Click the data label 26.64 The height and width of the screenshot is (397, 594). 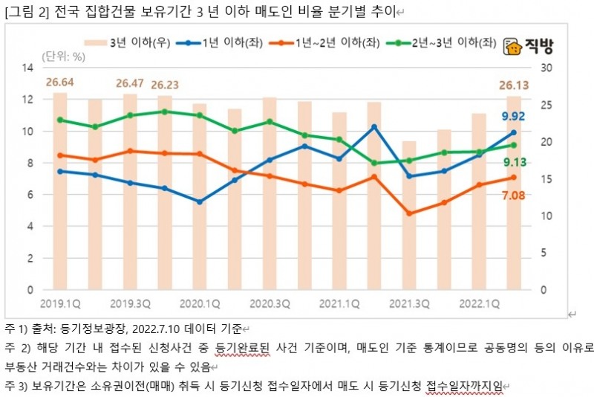60,82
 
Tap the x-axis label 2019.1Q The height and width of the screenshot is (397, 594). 60,303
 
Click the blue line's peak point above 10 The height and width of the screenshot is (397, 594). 374,126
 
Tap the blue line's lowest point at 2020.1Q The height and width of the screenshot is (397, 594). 200,201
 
